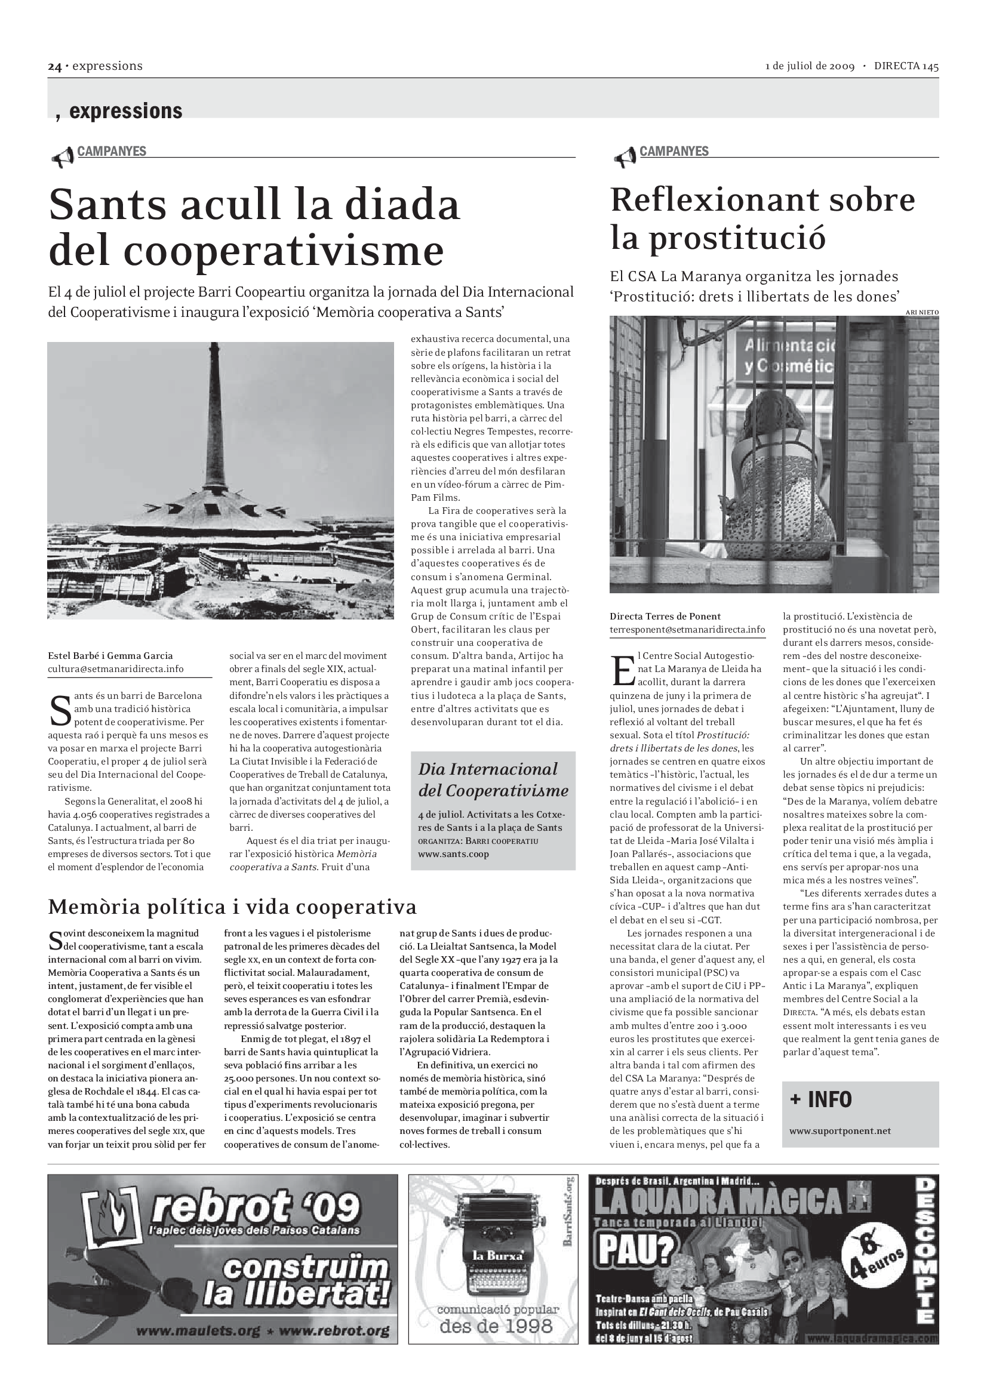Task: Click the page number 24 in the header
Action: [55, 67]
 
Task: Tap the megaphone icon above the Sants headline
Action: [63, 159]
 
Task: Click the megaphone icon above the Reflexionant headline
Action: [625, 159]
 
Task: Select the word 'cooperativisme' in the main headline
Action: [246, 251]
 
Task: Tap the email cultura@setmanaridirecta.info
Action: [116, 669]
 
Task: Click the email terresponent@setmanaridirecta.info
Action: [687, 629]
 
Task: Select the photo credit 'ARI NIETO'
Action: [921, 313]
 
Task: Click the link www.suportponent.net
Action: [840, 1131]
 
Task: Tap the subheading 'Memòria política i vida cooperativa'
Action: [232, 907]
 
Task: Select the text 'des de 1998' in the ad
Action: [496, 1326]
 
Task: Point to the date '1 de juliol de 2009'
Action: [810, 67]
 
